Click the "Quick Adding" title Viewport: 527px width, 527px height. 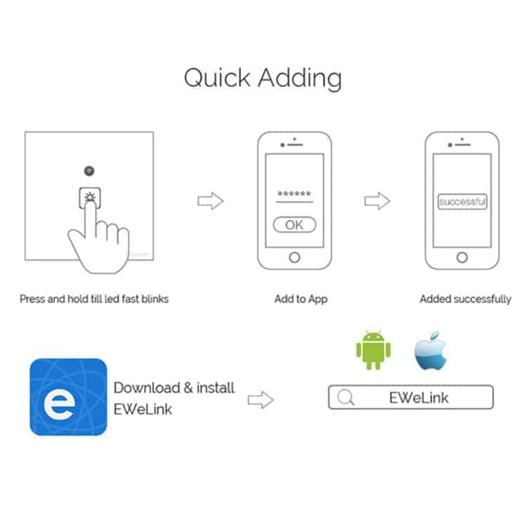coord(263,79)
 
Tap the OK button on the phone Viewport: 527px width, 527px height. coord(294,225)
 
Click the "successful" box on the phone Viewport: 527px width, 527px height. coord(462,202)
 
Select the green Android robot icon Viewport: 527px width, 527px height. coord(373,350)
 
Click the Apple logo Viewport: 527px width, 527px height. coord(431,351)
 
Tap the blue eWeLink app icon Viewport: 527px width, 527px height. coord(68,397)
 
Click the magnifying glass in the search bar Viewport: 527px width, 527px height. coord(346,397)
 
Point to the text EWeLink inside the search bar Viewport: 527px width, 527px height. coord(419,398)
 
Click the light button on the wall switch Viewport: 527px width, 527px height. coord(90,197)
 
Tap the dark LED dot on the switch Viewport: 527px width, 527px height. coord(89,171)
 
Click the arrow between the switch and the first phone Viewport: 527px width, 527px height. coord(210,201)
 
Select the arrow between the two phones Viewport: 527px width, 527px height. coord(377,201)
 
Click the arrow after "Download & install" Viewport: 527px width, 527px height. coord(261,400)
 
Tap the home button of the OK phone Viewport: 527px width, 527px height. coord(294,258)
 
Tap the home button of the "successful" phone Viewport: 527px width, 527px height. coord(462,258)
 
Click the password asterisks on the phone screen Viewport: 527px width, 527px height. coord(294,194)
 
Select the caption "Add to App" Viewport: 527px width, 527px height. coord(301,299)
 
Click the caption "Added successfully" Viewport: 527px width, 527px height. coord(465,299)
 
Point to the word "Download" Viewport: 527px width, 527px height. coord(147,388)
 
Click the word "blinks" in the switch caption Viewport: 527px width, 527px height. coord(155,299)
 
